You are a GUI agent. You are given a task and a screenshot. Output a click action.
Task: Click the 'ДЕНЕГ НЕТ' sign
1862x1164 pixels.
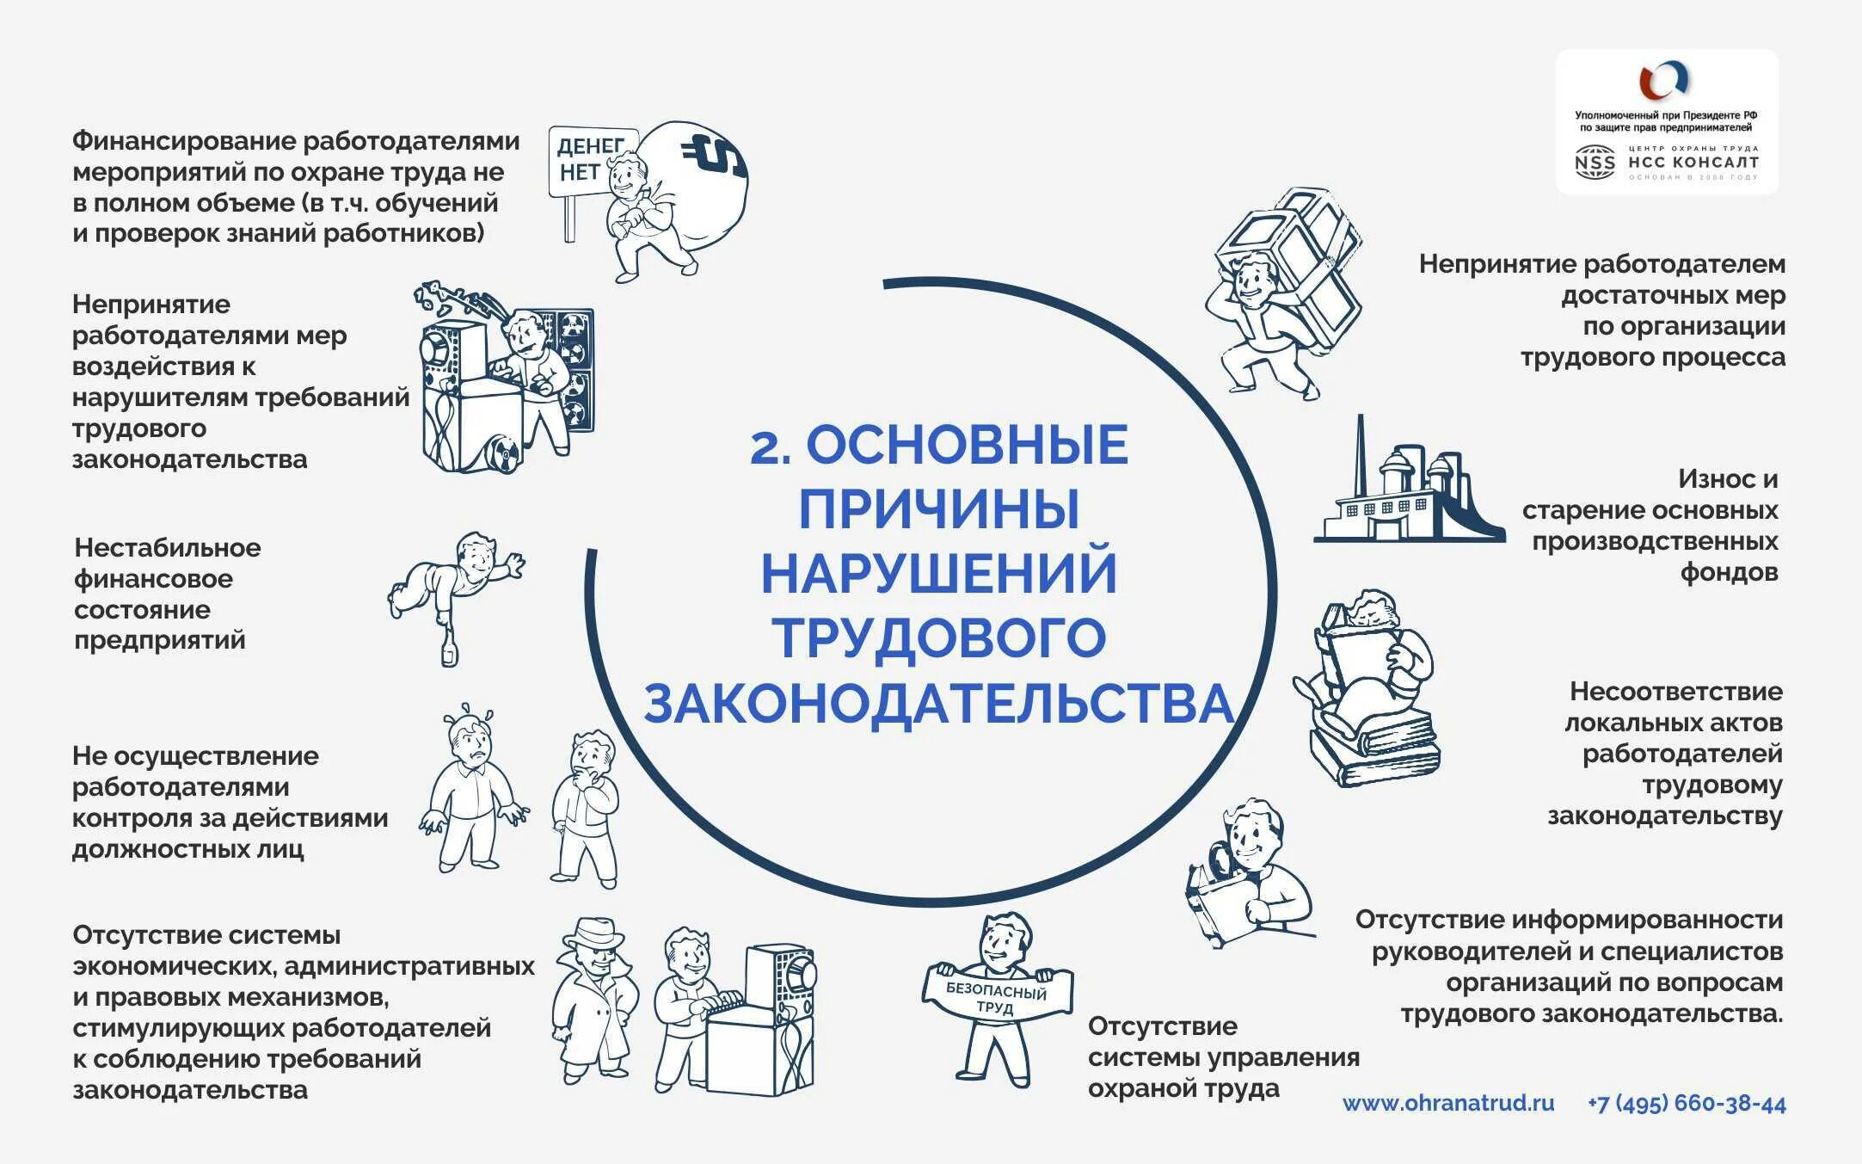coord(590,160)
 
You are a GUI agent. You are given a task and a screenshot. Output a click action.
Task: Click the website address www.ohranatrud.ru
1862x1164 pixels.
coord(1448,1103)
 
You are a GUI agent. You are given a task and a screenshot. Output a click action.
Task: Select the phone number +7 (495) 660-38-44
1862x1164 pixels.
coord(1687,1104)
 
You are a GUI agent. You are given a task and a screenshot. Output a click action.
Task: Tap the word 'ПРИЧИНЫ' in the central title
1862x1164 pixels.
coord(939,508)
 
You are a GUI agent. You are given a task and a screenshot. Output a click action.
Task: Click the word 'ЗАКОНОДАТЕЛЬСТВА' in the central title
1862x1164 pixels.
coord(939,703)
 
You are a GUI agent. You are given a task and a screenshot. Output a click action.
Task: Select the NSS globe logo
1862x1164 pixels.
coord(1595,162)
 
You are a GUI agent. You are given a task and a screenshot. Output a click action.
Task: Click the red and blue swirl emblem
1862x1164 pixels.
coord(1664,82)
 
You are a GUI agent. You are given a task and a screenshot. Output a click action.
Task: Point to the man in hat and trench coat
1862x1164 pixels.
coord(593,998)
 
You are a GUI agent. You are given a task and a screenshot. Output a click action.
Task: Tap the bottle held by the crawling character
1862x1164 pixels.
coord(449,650)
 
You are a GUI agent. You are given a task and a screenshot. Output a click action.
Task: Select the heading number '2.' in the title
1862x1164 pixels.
coord(771,447)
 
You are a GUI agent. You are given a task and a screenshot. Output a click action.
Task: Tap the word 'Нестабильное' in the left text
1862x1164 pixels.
coord(168,548)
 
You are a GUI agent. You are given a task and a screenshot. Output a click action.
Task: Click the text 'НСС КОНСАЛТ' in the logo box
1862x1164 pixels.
coord(1693,162)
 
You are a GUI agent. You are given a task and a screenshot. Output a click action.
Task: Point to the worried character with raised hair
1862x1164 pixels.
coord(471,787)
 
